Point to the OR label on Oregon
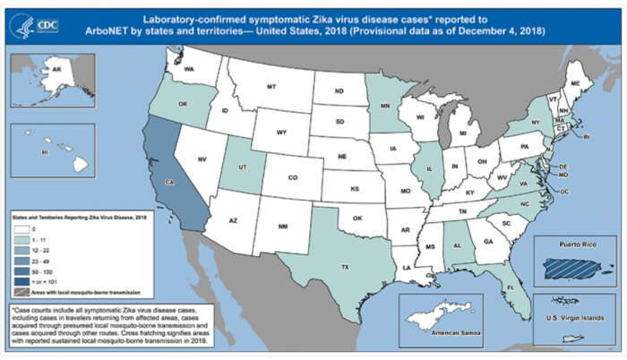[183, 104]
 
